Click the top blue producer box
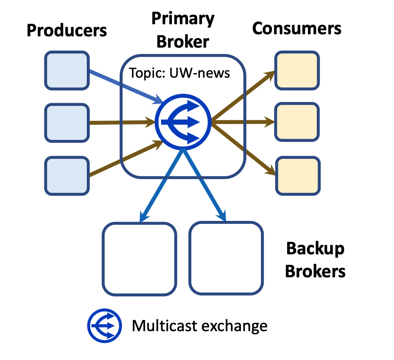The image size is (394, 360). [67, 70]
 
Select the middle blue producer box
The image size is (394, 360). [67, 123]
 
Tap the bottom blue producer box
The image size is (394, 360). [67, 176]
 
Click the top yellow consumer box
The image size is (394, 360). [297, 70]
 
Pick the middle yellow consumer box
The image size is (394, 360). [297, 123]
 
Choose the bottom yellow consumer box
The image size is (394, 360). [297, 175]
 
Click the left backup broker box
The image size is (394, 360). [139, 259]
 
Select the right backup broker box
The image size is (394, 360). [226, 259]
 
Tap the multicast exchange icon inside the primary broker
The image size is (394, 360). [183, 122]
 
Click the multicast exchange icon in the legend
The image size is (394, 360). [104, 326]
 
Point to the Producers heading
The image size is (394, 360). [67, 30]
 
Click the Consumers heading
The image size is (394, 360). [297, 28]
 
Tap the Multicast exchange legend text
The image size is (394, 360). [200, 326]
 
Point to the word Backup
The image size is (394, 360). [315, 249]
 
